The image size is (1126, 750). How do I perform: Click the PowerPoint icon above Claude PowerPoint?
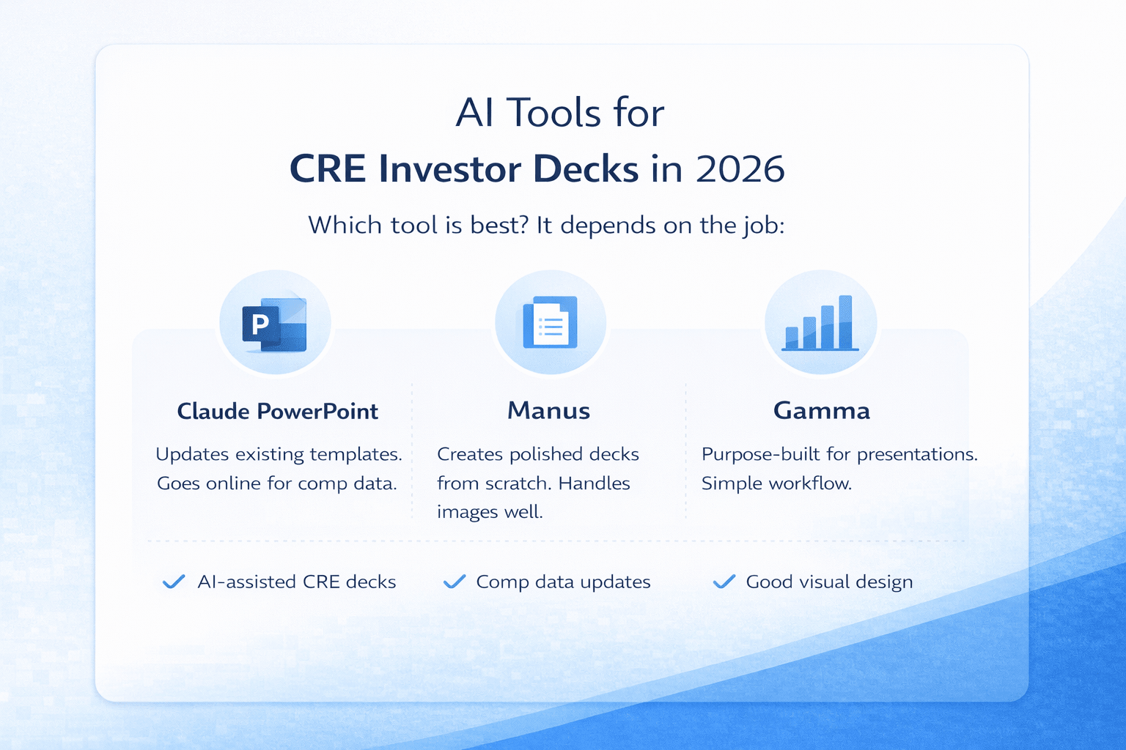tap(275, 324)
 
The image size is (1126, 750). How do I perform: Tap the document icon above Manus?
tap(550, 323)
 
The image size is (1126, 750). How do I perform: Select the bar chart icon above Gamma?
tap(820, 323)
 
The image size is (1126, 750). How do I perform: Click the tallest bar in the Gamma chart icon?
tap(844, 322)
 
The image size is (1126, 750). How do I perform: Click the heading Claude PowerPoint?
tap(277, 411)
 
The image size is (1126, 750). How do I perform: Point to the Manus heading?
tap(548, 411)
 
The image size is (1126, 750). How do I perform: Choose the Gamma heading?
tap(821, 411)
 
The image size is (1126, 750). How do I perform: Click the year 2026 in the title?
tap(740, 169)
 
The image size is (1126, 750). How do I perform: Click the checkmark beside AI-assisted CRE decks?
tap(174, 582)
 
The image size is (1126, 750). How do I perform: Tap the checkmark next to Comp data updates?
tap(455, 582)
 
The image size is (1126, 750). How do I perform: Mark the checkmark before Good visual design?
tap(724, 582)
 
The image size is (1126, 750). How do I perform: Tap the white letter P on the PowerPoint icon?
tap(260, 324)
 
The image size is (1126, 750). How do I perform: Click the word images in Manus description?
tap(467, 512)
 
